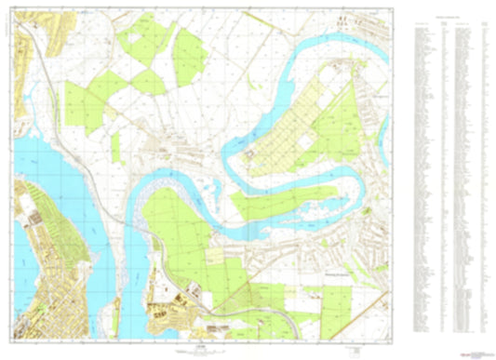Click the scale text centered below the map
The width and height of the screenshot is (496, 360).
[x=199, y=352]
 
